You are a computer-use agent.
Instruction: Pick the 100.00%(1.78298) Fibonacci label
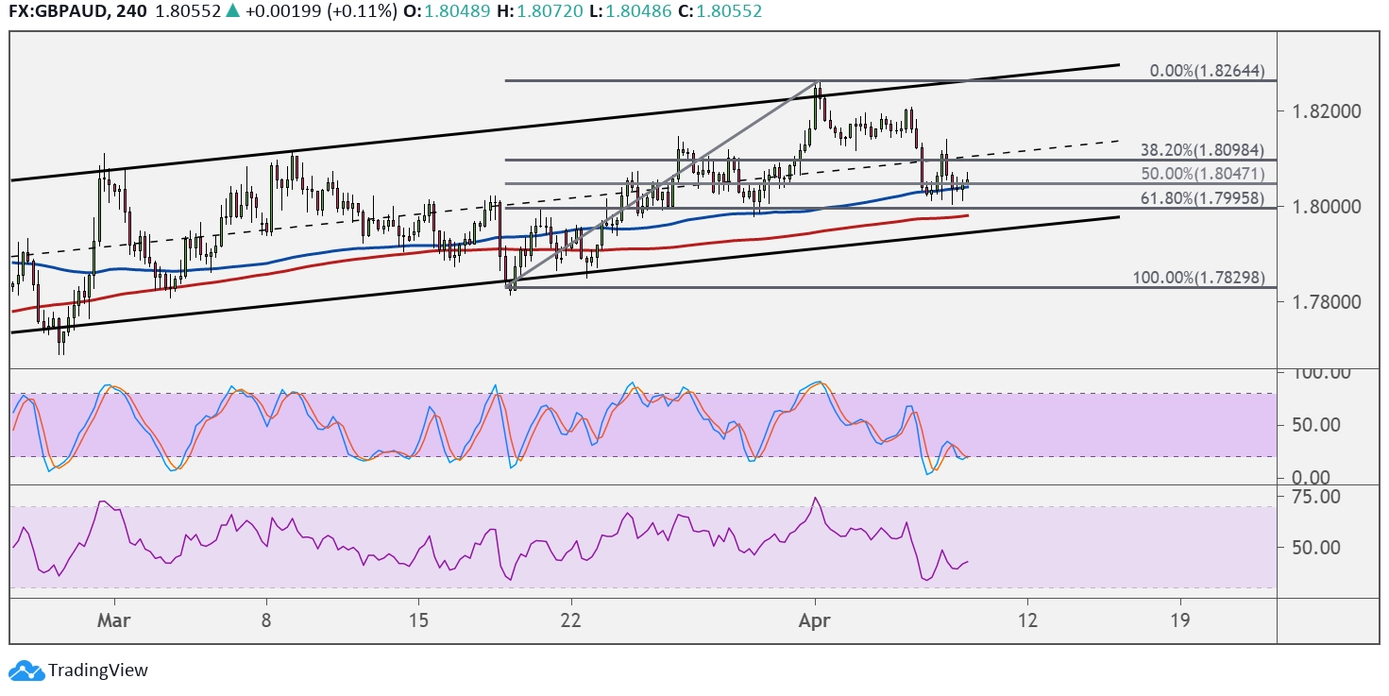(1198, 278)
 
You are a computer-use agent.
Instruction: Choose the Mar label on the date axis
(114, 620)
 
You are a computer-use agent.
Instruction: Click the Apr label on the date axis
(814, 620)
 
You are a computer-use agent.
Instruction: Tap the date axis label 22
(570, 620)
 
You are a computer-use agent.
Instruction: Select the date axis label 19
(1179, 620)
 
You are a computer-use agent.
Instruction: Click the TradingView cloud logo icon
(26, 671)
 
